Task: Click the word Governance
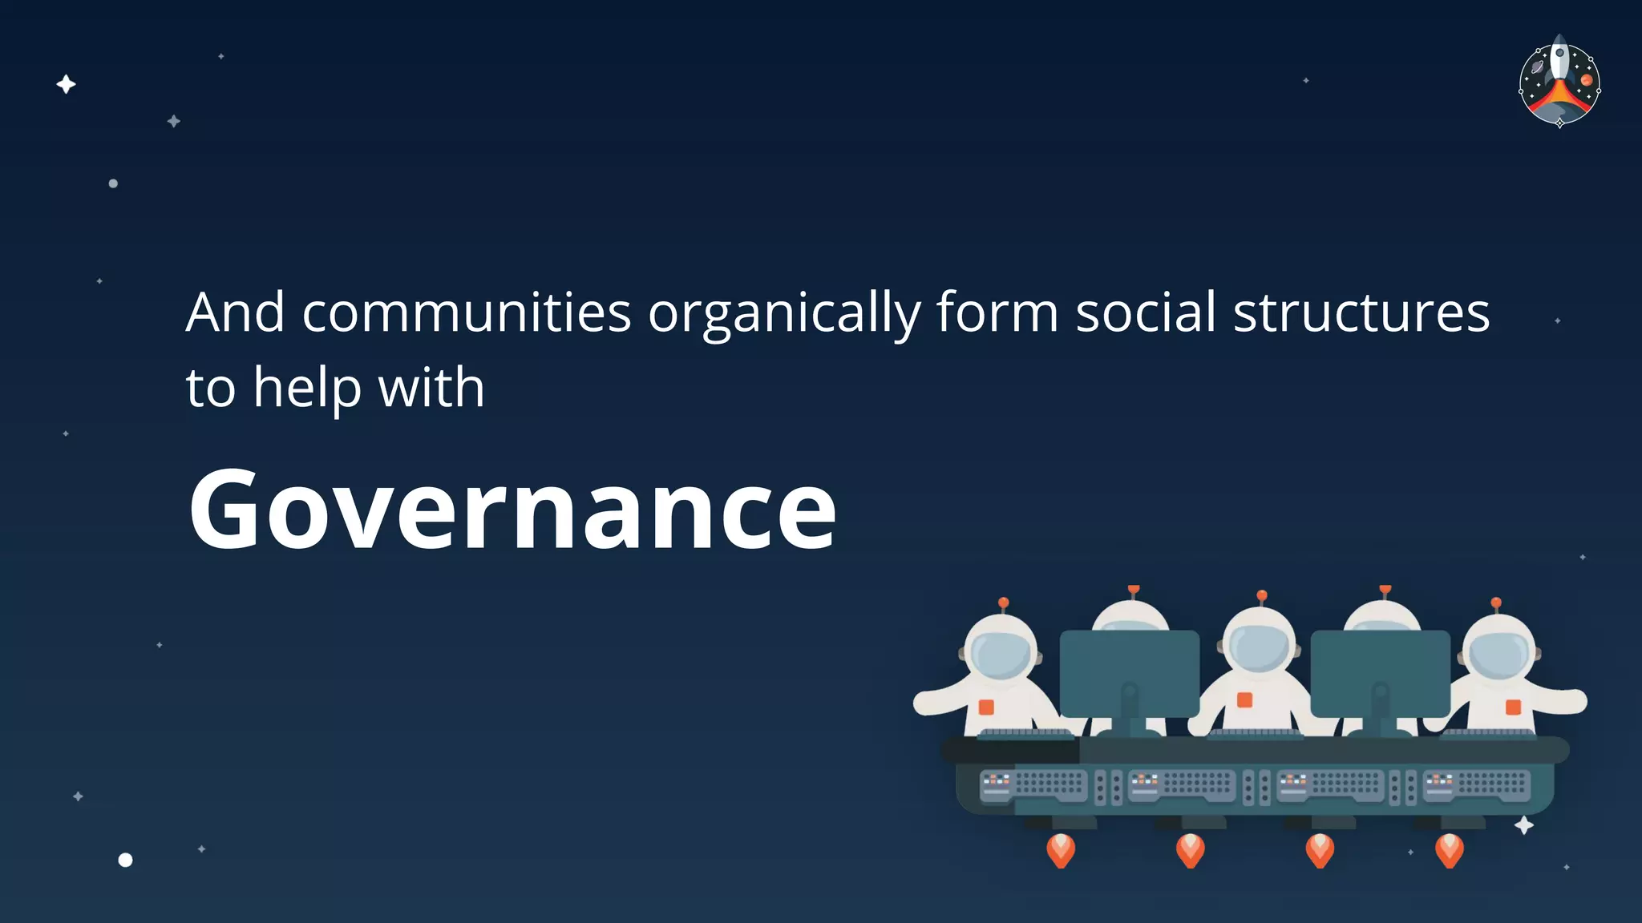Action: click(x=512, y=510)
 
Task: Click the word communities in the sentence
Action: click(x=467, y=312)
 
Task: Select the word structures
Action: click(x=1361, y=312)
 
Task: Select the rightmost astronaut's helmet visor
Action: click(x=1498, y=652)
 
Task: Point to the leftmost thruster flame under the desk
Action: click(x=1061, y=849)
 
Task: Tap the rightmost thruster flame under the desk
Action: click(x=1449, y=849)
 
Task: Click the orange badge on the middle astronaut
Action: click(x=1244, y=700)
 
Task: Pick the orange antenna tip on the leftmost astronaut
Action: click(x=1003, y=603)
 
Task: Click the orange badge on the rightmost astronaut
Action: click(x=1513, y=707)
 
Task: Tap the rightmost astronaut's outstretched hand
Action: click(x=1575, y=701)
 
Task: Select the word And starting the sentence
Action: click(x=235, y=312)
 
